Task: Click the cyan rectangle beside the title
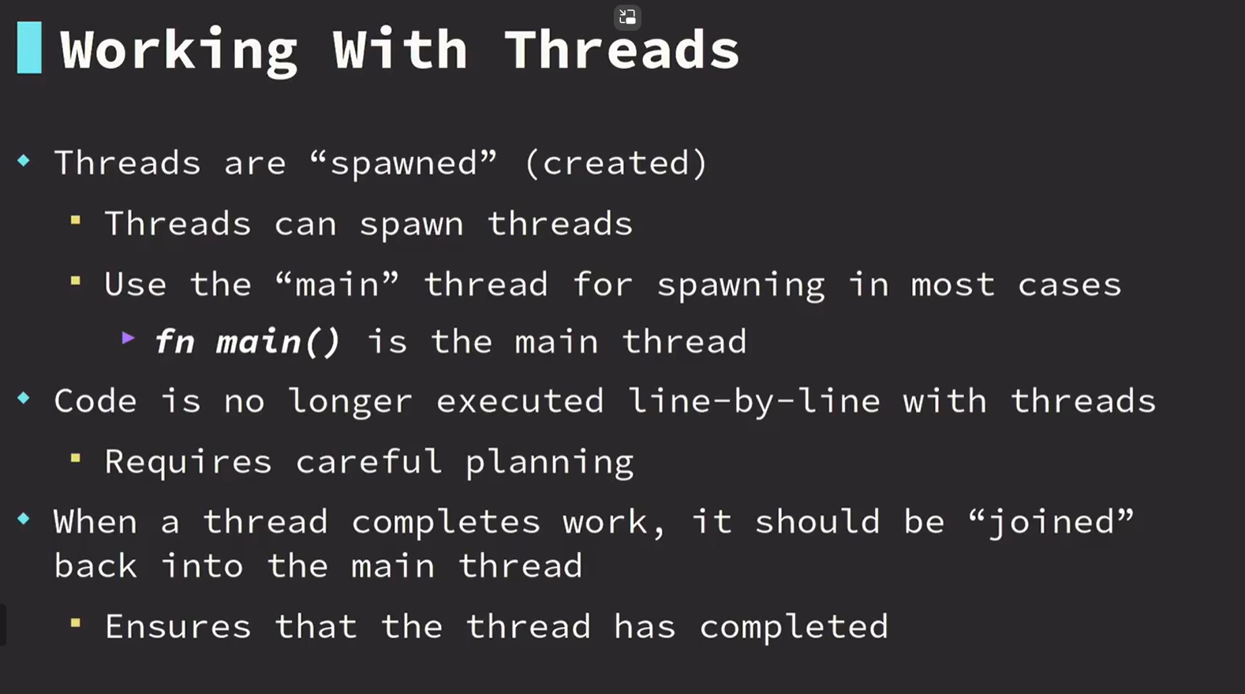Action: [29, 48]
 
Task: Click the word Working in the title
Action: [178, 52]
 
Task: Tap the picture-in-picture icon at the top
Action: [627, 17]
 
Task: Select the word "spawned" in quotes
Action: [403, 163]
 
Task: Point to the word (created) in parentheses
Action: [616, 163]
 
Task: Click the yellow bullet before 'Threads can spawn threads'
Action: [76, 221]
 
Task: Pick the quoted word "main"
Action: [338, 285]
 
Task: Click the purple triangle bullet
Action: [129, 338]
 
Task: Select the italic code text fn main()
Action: [247, 341]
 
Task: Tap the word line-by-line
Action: [753, 401]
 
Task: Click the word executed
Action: [520, 401]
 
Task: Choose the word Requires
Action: [189, 461]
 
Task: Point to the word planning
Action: [549, 462]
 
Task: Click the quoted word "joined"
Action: [1050, 523]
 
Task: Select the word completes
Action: [446, 523]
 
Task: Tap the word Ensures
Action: [178, 627]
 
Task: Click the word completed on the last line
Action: [794, 627]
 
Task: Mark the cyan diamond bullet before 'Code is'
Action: [24, 397]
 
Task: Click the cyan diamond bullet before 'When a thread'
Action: [24, 519]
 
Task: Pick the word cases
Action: [1070, 285]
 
